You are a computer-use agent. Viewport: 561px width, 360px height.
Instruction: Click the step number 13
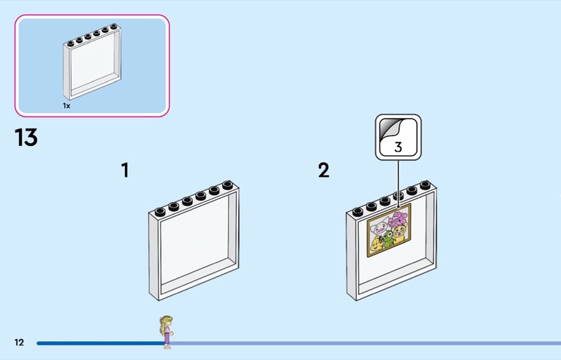[26, 138]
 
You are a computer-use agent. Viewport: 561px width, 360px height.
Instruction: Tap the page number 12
[20, 342]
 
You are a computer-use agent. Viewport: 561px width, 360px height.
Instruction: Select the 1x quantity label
[67, 106]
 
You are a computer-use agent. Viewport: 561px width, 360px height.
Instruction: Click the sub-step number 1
[125, 171]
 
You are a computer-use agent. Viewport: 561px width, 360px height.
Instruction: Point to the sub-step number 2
[323, 171]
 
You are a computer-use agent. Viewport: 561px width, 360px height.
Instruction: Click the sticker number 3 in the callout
[398, 147]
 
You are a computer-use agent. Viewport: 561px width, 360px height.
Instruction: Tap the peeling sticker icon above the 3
[392, 128]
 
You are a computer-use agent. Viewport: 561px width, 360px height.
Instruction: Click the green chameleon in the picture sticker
[388, 239]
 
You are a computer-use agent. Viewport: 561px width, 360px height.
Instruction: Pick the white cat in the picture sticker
[379, 227]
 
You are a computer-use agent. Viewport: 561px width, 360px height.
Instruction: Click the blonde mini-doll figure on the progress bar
[166, 332]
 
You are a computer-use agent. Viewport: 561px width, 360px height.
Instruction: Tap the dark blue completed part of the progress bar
[101, 343]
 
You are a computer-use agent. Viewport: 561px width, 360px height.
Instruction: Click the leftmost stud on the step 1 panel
[160, 212]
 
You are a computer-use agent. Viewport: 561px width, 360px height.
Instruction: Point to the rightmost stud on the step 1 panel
[227, 185]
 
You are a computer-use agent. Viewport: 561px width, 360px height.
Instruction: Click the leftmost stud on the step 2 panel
[358, 212]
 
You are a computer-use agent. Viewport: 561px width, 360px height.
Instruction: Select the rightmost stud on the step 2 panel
[425, 185]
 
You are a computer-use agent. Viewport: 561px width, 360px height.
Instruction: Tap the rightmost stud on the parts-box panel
[114, 27]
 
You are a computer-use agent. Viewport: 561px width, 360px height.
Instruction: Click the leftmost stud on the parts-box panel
[71, 44]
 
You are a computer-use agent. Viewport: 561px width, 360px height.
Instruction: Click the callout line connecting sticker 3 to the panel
[398, 183]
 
